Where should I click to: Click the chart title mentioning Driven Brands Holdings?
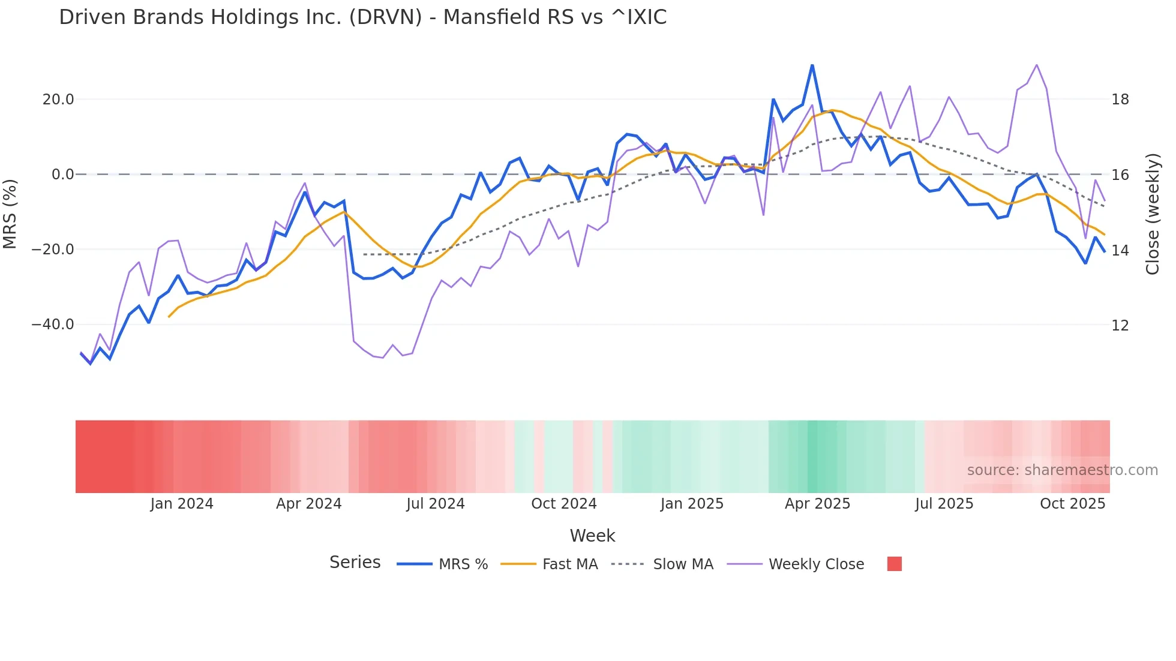(362, 17)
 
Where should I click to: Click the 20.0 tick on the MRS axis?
(58, 100)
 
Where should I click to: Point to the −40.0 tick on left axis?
(53, 325)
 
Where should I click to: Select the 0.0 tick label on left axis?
(63, 175)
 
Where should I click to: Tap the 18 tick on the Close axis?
(1120, 100)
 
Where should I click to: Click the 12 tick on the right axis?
(1120, 325)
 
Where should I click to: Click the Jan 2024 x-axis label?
(182, 504)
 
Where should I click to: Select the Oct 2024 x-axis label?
(564, 504)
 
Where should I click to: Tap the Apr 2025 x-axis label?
(817, 504)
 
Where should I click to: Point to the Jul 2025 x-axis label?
(944, 504)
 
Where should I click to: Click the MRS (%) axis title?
(10, 214)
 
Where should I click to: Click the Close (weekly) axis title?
(1153, 214)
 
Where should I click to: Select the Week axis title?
(592, 536)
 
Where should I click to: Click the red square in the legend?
(894, 564)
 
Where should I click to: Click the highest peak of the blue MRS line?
(812, 65)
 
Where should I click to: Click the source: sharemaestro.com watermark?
(1062, 470)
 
